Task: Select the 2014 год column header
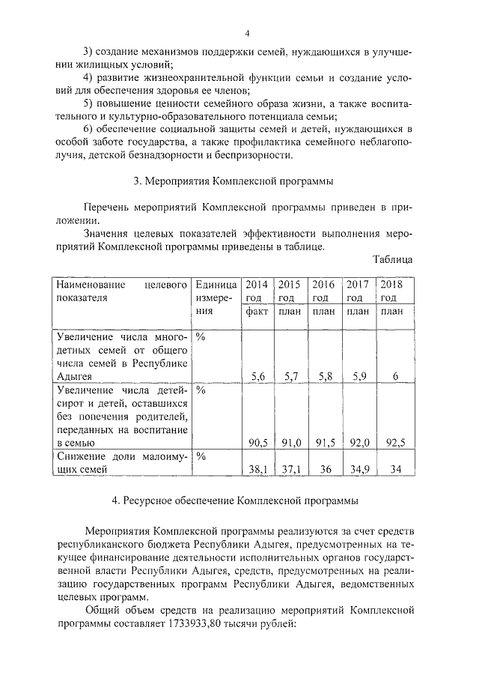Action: (x=257, y=291)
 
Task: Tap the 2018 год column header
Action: (x=392, y=291)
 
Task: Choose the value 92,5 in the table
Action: (x=394, y=444)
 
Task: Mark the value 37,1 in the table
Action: (x=290, y=469)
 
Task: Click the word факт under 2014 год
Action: (x=257, y=311)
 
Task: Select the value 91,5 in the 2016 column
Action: (x=324, y=444)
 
